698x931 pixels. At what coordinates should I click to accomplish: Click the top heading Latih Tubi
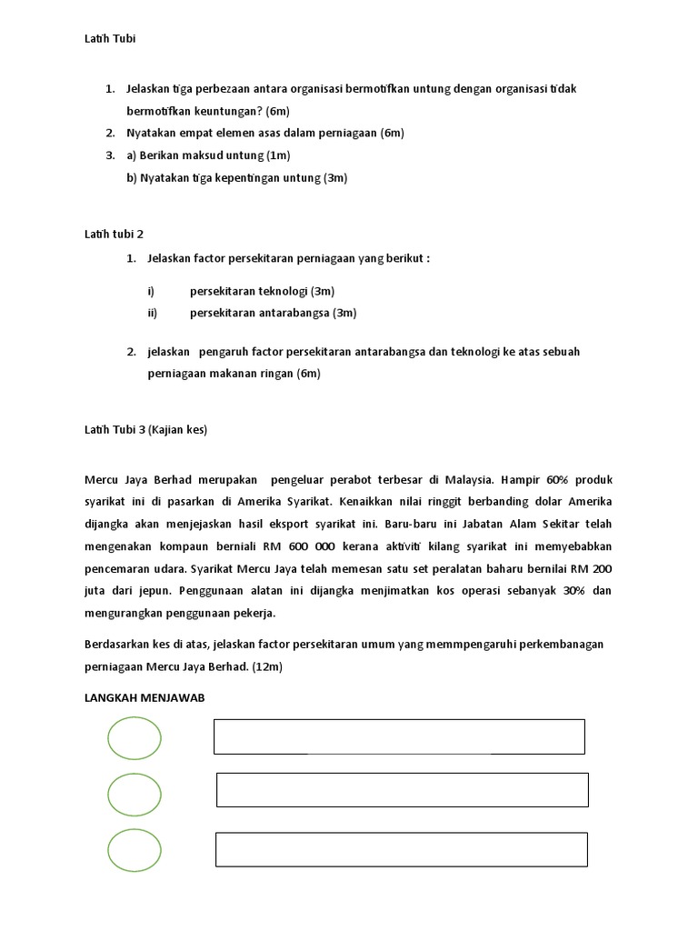click(110, 39)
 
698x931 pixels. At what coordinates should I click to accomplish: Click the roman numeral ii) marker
click(152, 313)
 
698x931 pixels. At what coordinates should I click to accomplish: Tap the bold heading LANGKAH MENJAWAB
click(143, 696)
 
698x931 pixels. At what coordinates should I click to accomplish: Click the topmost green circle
click(135, 738)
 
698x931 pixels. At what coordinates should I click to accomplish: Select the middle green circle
click(135, 794)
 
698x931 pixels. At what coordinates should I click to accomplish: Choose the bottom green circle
click(135, 850)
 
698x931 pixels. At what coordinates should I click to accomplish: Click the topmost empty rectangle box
click(399, 736)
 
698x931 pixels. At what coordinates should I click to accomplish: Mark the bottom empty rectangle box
click(401, 849)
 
